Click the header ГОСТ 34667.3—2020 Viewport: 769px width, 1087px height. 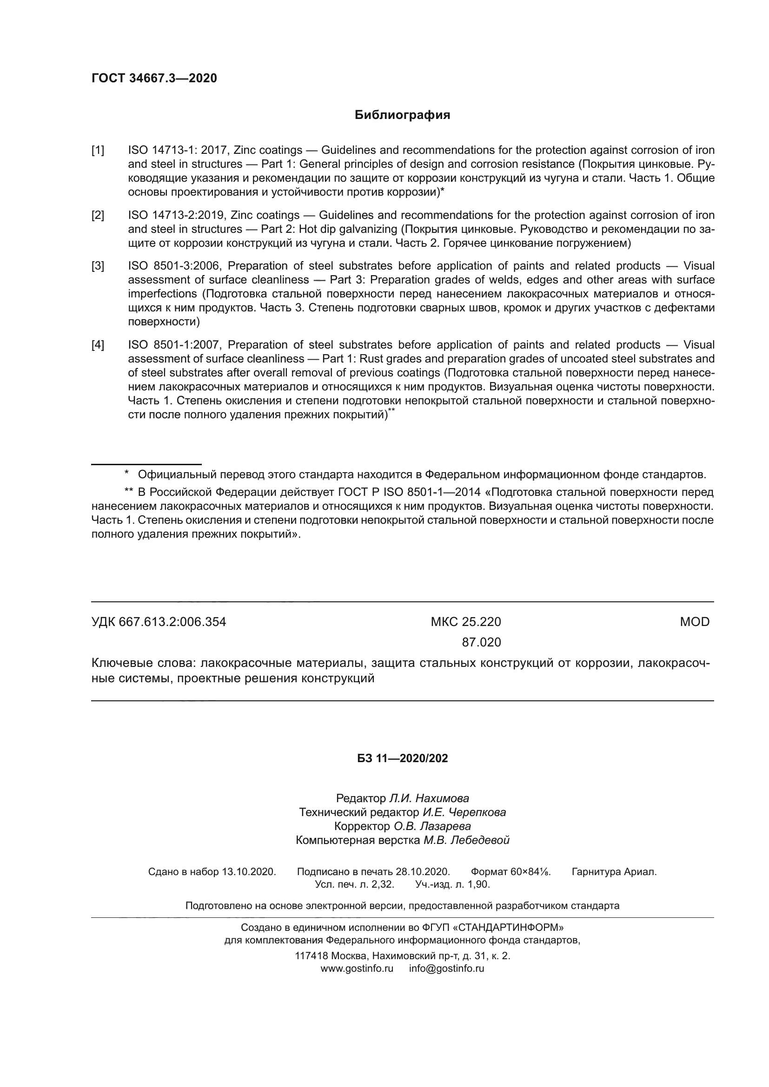tap(154, 78)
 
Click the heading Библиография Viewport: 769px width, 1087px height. tap(402, 115)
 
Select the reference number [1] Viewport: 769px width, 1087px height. tap(98, 151)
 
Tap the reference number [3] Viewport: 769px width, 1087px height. tap(98, 266)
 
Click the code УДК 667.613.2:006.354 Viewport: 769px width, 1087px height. tap(159, 622)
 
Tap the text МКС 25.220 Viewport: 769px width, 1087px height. tap(465, 622)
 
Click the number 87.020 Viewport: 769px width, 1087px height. tap(481, 642)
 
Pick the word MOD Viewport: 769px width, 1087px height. tap(694, 622)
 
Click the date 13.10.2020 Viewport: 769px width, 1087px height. tap(249, 871)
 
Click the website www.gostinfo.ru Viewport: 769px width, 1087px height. tap(357, 968)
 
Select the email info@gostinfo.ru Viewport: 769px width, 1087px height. tap(446, 968)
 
